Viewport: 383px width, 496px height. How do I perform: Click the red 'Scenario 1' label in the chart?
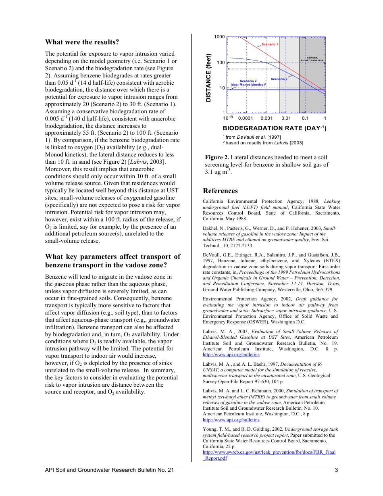[x=270, y=44]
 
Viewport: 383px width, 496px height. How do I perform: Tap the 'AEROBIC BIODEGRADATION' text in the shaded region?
[x=313, y=59]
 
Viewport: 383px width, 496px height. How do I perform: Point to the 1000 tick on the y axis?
[x=219, y=37]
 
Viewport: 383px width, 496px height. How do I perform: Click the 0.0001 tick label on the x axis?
[x=246, y=118]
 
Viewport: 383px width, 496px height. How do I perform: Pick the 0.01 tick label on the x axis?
[x=286, y=118]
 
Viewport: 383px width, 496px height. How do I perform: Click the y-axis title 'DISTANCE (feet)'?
[x=209, y=77]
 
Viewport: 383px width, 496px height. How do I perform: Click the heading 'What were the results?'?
[x=82, y=42]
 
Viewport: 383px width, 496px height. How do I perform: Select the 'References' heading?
[x=220, y=191]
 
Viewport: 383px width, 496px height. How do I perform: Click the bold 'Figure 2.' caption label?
[x=217, y=157]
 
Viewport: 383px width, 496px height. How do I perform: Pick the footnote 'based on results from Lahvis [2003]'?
[x=264, y=143]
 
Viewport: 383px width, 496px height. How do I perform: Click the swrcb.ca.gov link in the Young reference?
[x=269, y=452]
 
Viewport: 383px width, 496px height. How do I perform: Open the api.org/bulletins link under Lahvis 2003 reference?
[x=231, y=354]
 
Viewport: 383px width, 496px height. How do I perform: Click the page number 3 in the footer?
[x=336, y=469]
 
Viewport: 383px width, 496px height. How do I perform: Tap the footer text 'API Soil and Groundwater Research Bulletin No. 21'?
[x=110, y=469]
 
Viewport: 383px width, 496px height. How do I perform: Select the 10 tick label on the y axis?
[x=222, y=88]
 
